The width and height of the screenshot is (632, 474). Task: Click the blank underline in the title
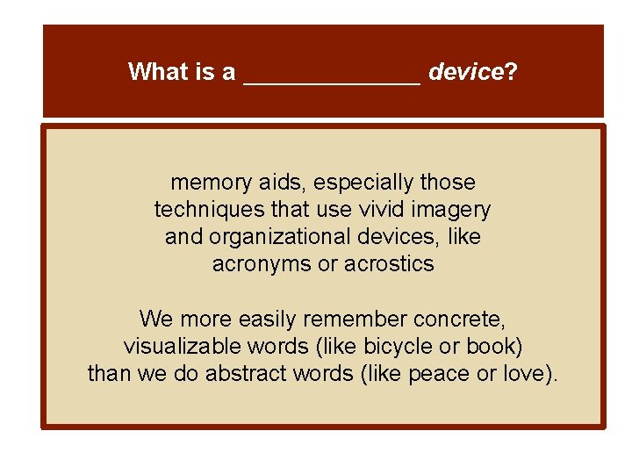click(x=332, y=81)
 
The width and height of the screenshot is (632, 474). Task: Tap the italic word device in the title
click(x=465, y=71)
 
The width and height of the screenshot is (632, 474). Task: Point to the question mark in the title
click(x=510, y=71)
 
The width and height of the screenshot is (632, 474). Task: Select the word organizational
click(x=286, y=237)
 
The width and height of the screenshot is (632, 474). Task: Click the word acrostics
click(x=389, y=264)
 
